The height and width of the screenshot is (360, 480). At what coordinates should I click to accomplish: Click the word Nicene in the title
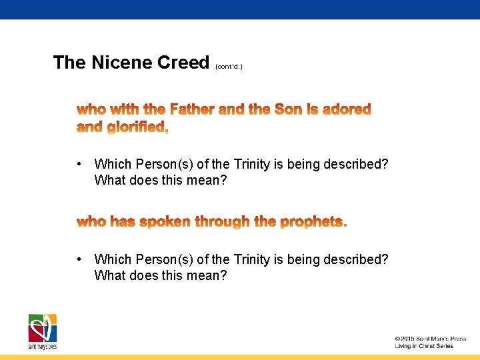click(x=121, y=63)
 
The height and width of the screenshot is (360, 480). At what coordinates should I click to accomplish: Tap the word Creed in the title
click(x=183, y=63)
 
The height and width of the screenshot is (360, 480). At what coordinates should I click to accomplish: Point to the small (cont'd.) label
click(x=229, y=67)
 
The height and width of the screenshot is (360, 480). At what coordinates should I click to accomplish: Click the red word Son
click(x=289, y=109)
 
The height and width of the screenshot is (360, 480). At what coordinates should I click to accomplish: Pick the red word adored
click(x=347, y=109)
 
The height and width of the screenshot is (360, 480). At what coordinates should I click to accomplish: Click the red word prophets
click(x=313, y=221)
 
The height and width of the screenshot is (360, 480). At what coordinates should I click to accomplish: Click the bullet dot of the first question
click(x=79, y=164)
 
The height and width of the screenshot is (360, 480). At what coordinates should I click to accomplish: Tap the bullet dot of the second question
click(x=79, y=259)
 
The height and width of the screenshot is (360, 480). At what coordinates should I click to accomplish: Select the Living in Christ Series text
click(x=424, y=346)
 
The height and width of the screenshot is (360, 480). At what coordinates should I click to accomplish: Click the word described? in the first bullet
click(x=355, y=164)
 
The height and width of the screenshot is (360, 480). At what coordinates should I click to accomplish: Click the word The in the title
click(x=69, y=63)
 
